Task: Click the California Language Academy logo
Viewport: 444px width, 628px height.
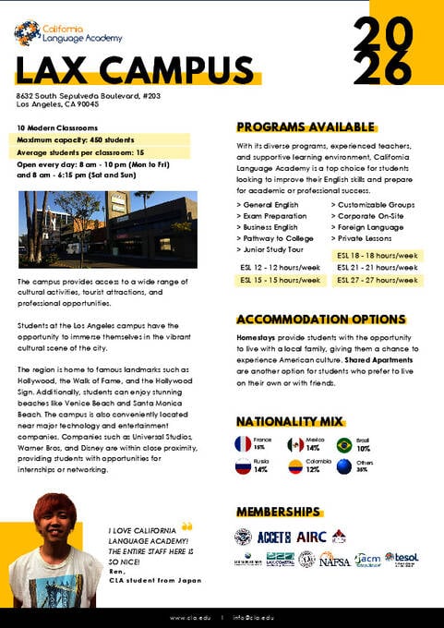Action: point(66,33)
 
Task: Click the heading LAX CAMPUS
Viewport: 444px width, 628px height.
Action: point(134,70)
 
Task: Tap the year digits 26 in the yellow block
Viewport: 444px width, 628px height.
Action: point(382,68)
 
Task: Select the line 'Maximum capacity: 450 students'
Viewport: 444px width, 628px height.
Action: point(73,139)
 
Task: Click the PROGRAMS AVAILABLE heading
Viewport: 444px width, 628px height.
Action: point(306,127)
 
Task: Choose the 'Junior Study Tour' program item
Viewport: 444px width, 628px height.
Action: point(275,249)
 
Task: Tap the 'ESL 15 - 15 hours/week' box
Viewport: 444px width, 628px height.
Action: point(281,280)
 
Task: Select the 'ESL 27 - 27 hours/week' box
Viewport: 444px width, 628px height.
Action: point(378,280)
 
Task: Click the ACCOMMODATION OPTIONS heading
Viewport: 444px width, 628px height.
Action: point(320,320)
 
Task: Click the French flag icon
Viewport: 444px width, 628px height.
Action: point(244,444)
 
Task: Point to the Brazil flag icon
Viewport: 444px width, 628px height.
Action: point(344,444)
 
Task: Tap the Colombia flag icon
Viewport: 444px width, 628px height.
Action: point(294,466)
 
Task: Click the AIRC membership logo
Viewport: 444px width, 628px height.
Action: point(311,537)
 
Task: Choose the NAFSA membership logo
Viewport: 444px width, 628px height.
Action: point(335,559)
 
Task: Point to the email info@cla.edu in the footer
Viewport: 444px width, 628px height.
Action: point(253,617)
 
